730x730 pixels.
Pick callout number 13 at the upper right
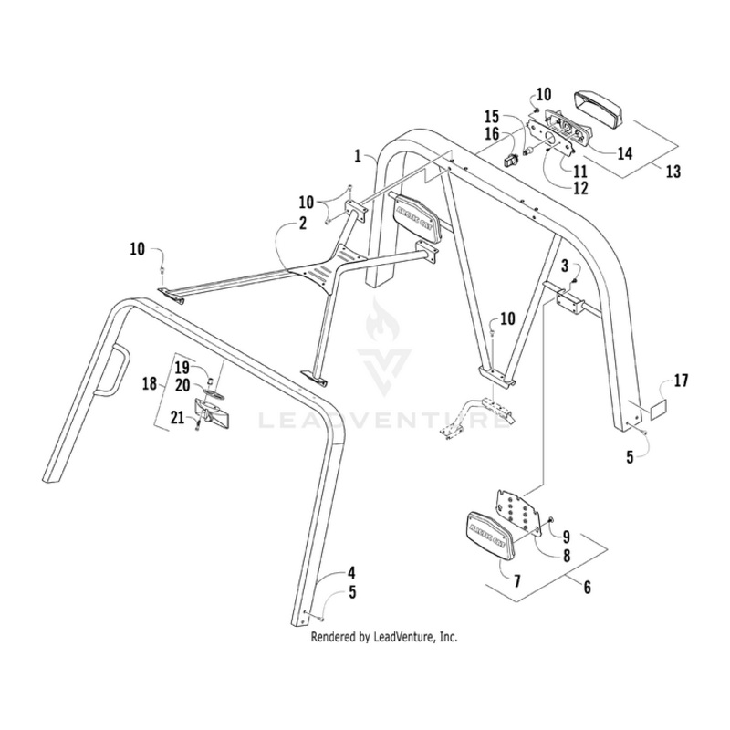click(x=587, y=588)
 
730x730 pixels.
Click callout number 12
click(x=580, y=187)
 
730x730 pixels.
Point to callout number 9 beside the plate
click(x=567, y=536)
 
